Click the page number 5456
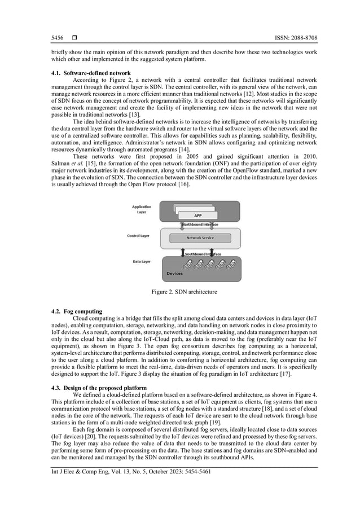pyautogui.click(x=57, y=38)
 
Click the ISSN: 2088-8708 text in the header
pyautogui.click(x=288, y=38)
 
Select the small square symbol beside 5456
pyautogui.click(x=74, y=38)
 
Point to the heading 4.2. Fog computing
pyautogui.click(x=76, y=311)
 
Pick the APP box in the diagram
pyautogui.click(x=198, y=216)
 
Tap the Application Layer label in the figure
pyautogui.click(x=142, y=209)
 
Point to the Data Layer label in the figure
pyautogui.click(x=141, y=262)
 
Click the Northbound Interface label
pyautogui.click(x=204, y=224)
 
